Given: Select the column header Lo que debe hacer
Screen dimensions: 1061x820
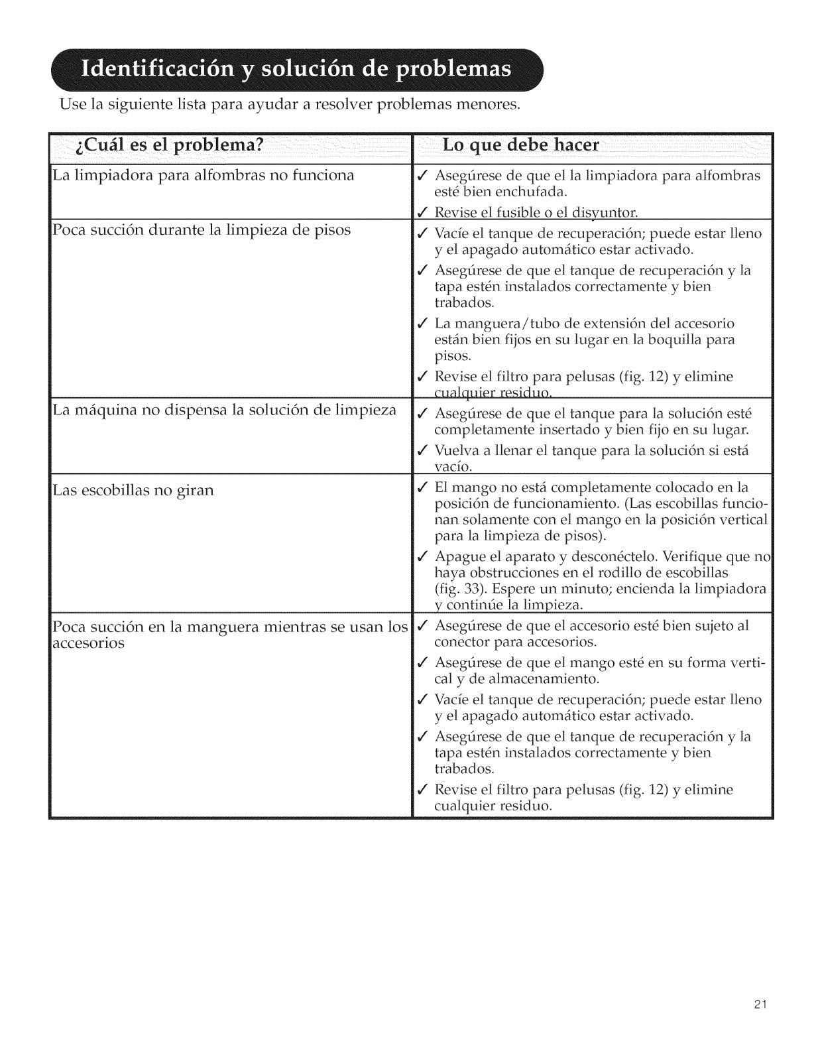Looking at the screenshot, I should pos(520,146).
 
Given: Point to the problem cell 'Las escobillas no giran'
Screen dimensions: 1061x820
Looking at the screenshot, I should pos(133,491).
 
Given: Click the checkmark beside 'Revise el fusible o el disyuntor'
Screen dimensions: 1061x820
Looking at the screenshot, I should pos(422,212).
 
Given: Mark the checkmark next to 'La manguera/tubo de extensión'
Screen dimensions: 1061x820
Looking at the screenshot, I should pos(422,324).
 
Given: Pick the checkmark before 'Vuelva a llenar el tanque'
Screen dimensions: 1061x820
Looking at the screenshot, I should pos(422,452).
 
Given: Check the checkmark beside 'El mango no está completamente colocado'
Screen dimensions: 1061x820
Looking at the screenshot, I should pos(422,487).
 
